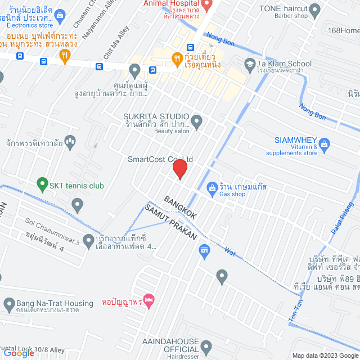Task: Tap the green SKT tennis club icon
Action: click(x=42, y=184)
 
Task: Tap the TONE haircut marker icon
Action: click(x=314, y=9)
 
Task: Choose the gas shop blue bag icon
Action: click(x=212, y=187)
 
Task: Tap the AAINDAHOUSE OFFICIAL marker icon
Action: click(x=206, y=346)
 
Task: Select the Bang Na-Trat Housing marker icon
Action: click(x=8, y=305)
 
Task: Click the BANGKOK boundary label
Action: click(x=180, y=208)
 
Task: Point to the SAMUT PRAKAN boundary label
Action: click(x=171, y=223)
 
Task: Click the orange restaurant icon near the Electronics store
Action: click(x=65, y=55)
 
